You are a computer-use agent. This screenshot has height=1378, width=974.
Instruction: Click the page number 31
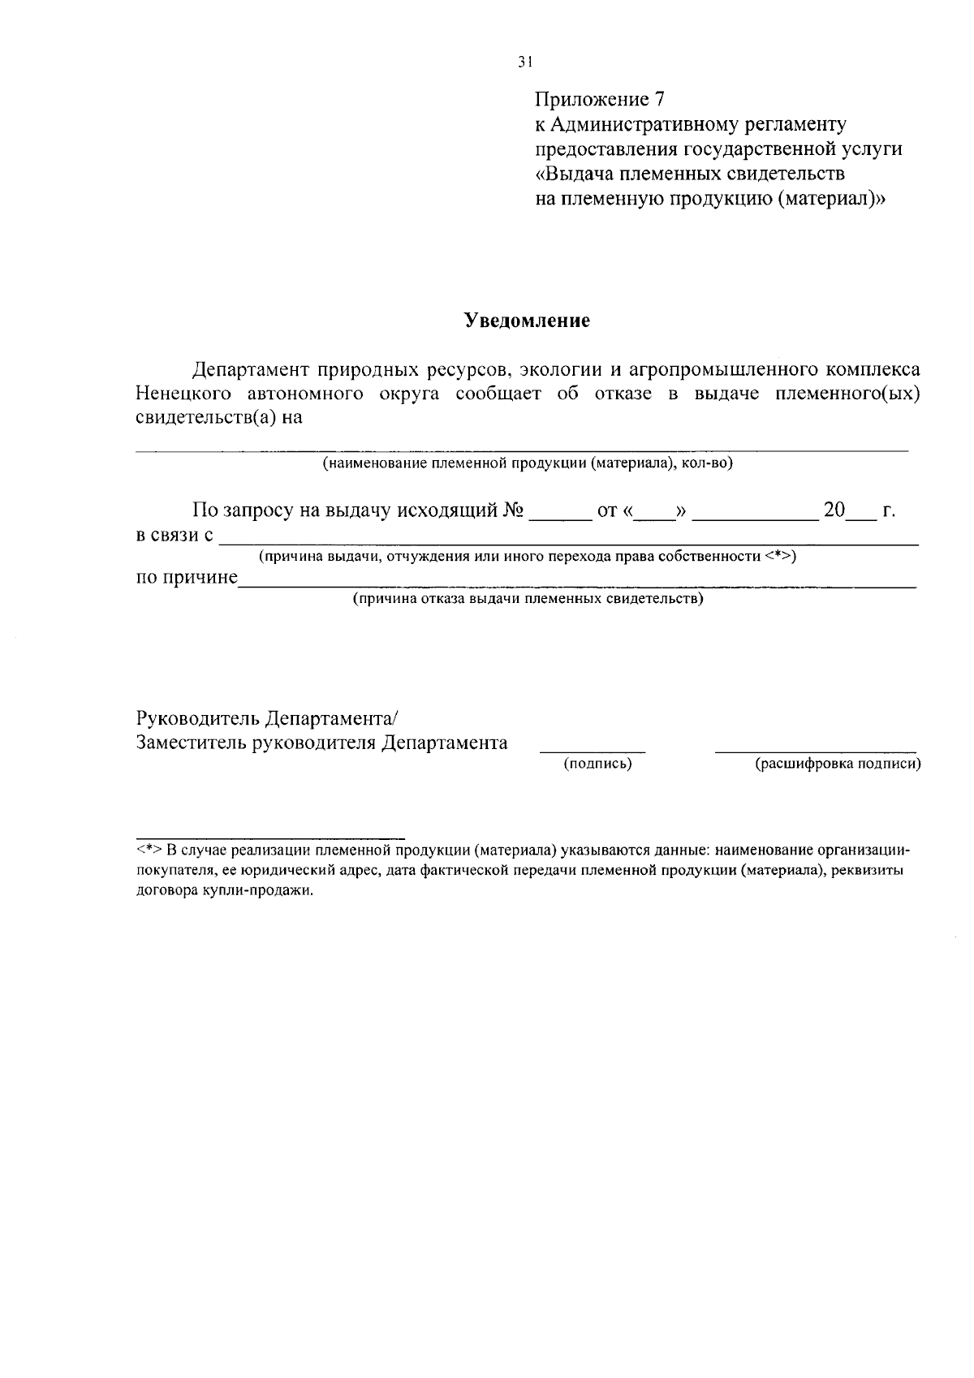524,62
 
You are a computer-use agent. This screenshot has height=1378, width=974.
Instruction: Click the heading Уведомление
527,321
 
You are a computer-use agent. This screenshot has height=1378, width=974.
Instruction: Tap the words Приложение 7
599,100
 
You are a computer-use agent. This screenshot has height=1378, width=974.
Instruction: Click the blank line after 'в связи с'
568,540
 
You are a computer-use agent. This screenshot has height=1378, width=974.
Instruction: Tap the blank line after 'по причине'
576,583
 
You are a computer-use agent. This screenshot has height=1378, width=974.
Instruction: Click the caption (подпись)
597,764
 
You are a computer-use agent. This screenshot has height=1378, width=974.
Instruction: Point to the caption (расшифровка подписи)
838,764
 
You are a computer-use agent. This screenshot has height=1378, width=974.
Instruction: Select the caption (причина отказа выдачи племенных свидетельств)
528,600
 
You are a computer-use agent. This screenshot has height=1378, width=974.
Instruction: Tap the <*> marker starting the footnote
149,850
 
